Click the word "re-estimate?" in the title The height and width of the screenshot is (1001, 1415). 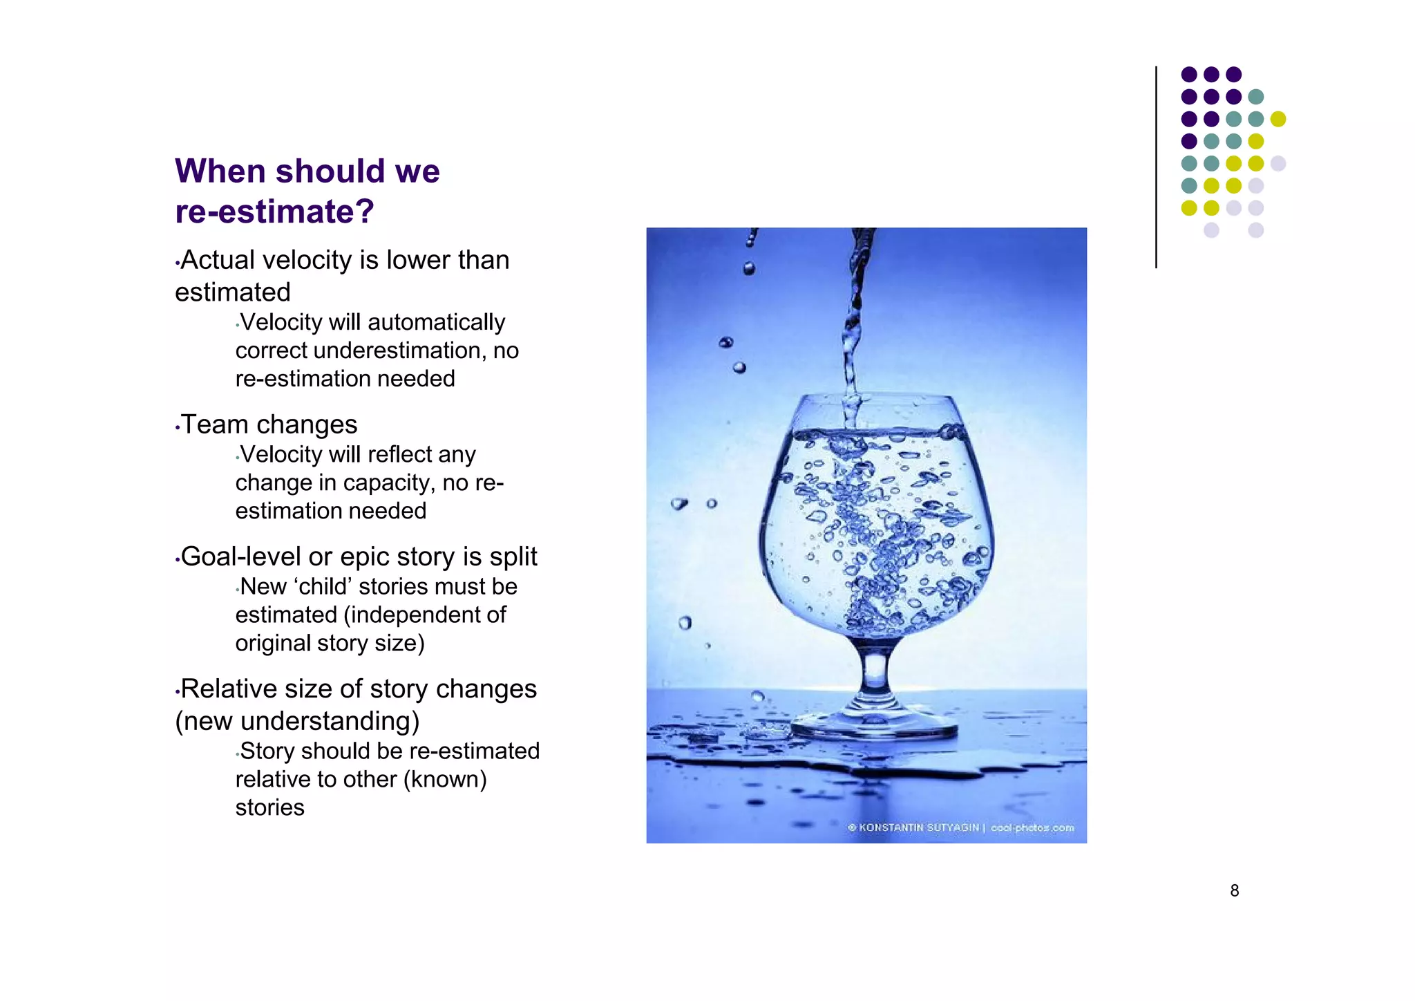pyautogui.click(x=274, y=212)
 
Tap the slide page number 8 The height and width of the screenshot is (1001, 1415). pyautogui.click(x=1234, y=891)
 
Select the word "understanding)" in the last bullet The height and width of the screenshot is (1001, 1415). pyautogui.click(x=330, y=721)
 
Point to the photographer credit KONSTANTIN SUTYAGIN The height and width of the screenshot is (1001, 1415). pyautogui.click(x=918, y=827)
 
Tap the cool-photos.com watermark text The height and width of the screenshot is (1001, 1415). pyautogui.click(x=1032, y=827)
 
